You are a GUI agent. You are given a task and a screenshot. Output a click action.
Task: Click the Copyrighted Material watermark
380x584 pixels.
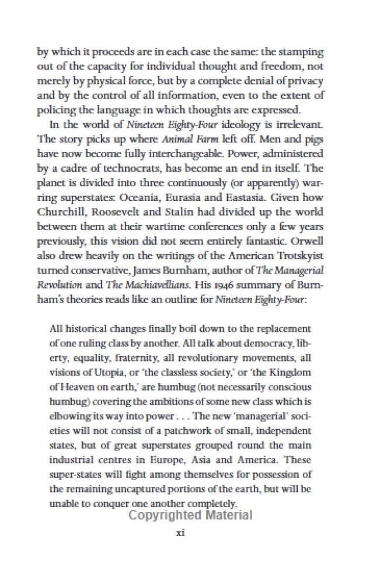(190, 515)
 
